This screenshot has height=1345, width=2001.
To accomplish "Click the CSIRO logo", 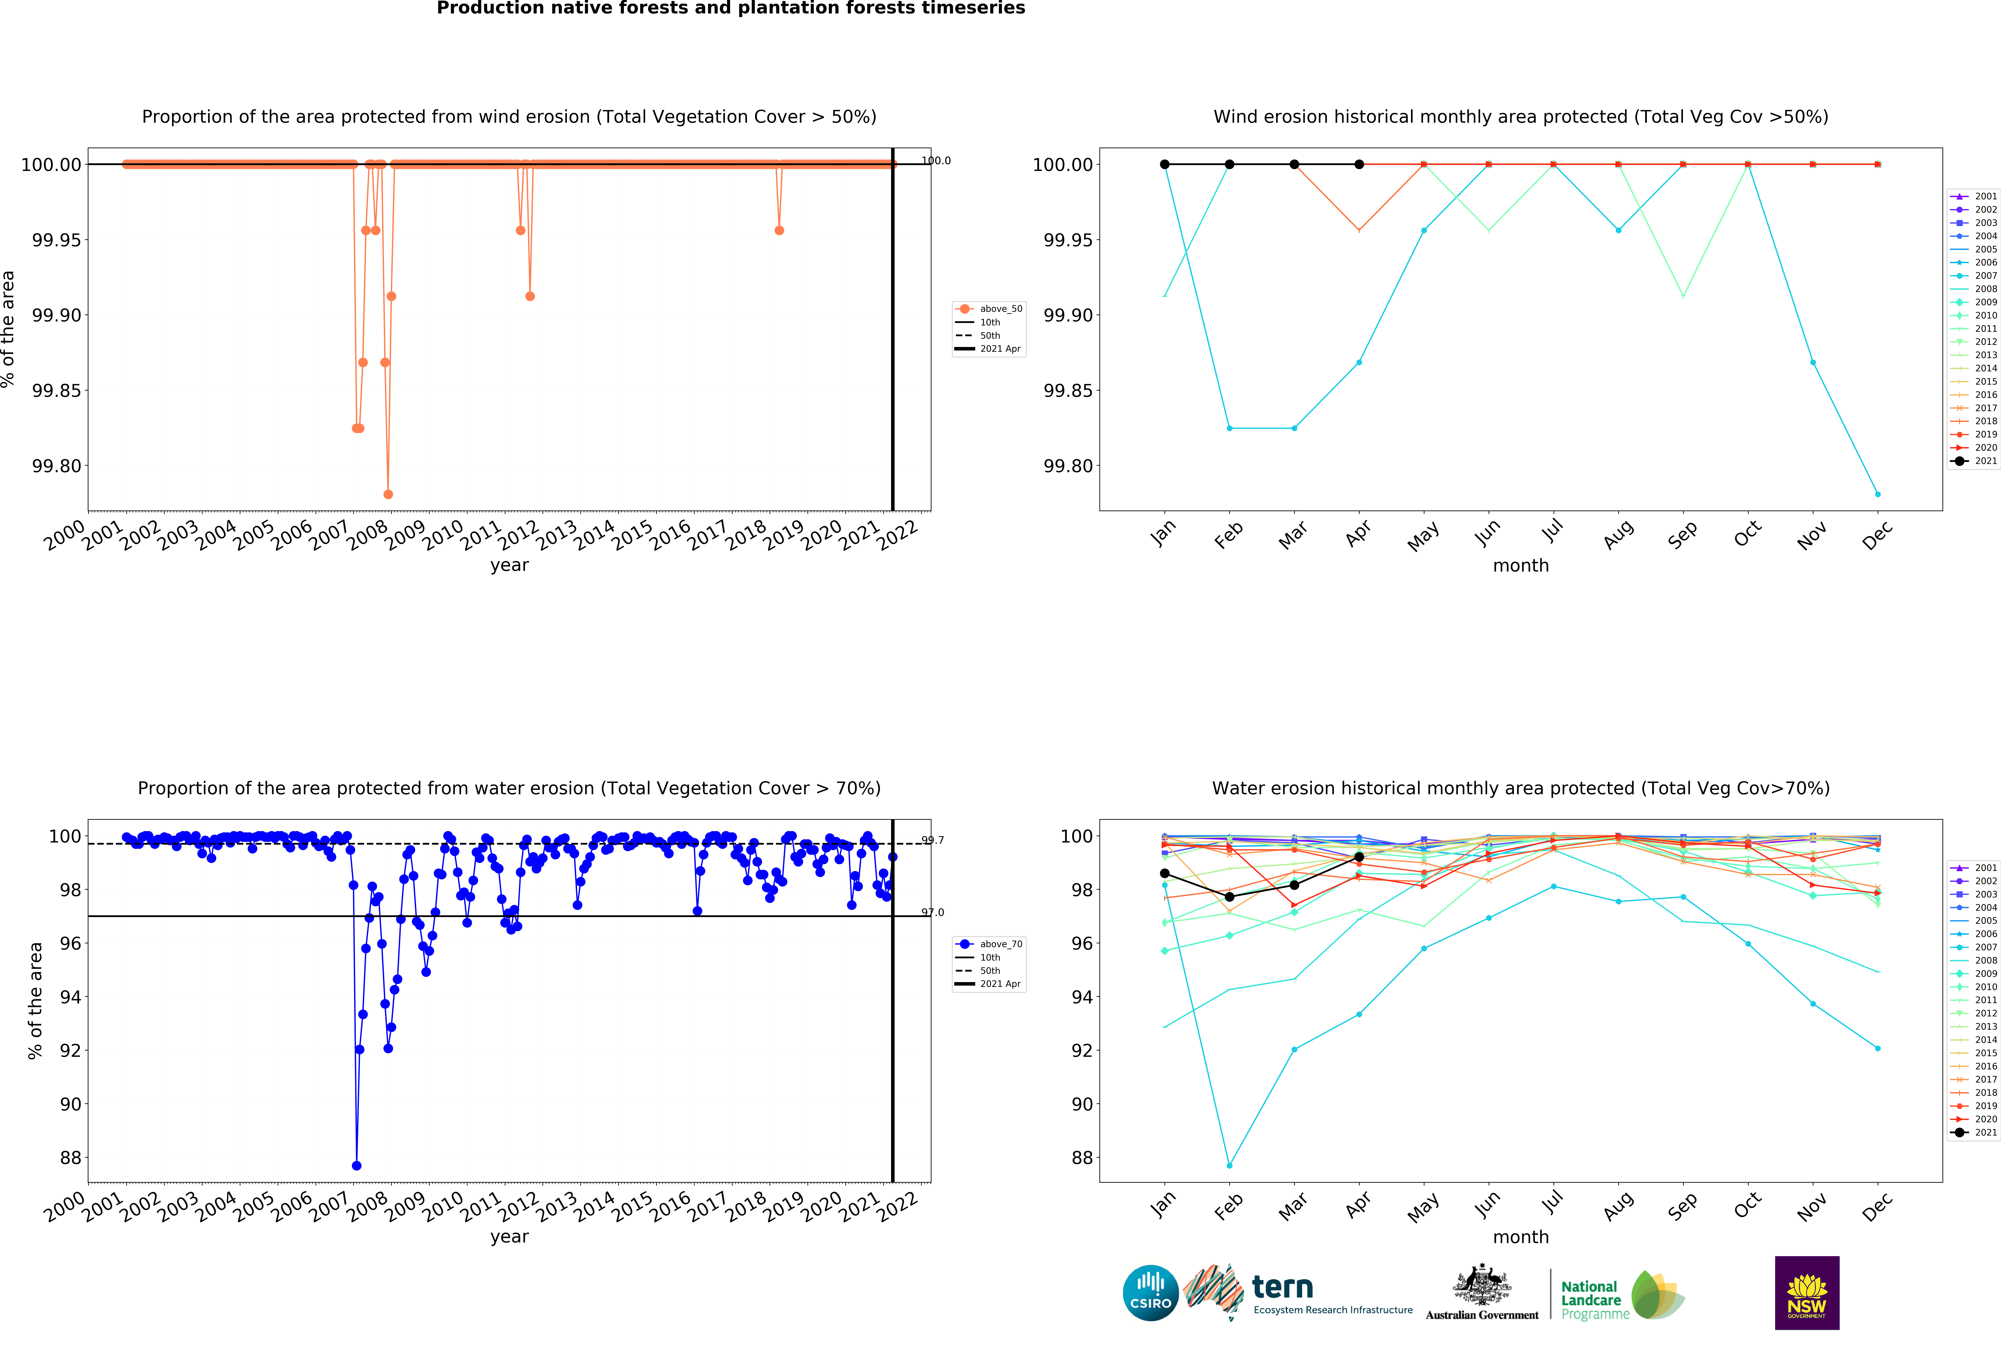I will click(1150, 1293).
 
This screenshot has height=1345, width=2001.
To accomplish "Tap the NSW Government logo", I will click(1806, 1293).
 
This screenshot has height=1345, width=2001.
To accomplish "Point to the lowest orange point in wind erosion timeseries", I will click(388, 494).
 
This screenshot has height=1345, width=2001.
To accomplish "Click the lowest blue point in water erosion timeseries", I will click(357, 1166).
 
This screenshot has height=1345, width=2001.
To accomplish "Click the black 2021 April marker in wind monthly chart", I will click(1359, 164).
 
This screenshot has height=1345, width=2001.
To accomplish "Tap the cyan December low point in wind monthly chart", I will click(1877, 494).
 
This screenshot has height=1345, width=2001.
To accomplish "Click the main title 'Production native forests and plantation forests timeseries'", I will click(731, 9).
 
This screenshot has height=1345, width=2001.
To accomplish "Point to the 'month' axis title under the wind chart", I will click(1521, 565).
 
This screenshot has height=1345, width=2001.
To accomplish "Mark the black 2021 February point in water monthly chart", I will click(1229, 896).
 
